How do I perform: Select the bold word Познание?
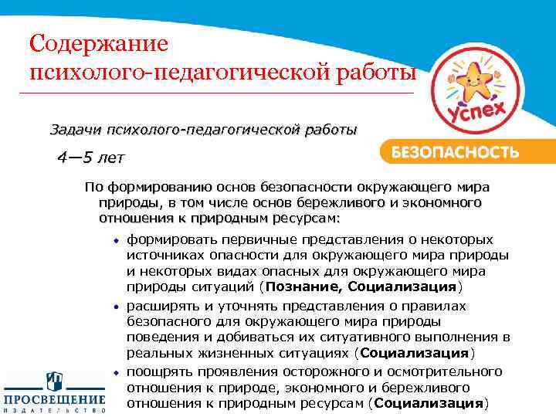(x=303, y=287)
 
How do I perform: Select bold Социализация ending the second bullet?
(x=415, y=354)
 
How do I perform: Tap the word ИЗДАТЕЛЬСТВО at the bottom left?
(x=54, y=411)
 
